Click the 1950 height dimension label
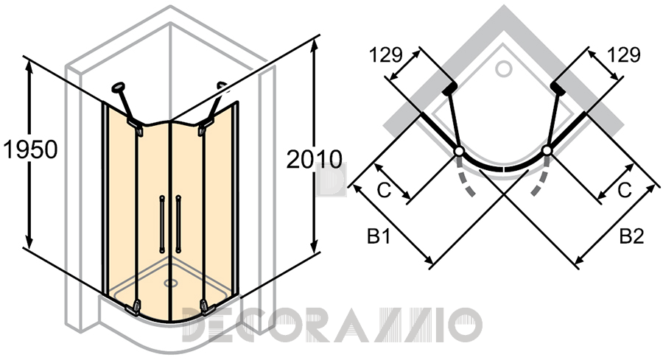pos(30,149)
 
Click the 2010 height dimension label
pos(314,159)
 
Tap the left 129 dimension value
pos(385,55)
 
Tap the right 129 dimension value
pos(624,54)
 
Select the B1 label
pos(379,237)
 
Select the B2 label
pos(632,236)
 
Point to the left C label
pos(384,191)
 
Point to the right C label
pos(625,191)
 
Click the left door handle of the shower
pos(161,224)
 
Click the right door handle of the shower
pos(178,224)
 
